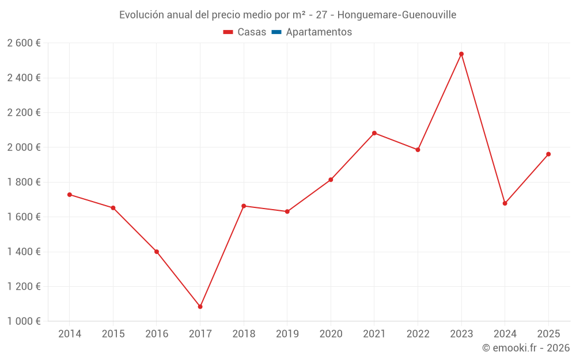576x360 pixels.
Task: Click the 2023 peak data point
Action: pos(461,54)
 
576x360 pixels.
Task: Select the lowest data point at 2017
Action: pos(200,306)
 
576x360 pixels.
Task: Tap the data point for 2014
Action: pos(70,195)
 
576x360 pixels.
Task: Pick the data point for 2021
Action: pos(374,133)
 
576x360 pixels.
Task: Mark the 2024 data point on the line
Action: pos(505,203)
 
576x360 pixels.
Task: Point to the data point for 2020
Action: pos(331,180)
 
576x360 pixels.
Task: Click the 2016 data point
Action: pos(157,252)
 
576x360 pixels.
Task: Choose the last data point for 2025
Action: pos(548,154)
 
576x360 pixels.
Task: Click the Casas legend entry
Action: pos(245,32)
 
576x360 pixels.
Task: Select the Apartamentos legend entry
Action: pos(312,32)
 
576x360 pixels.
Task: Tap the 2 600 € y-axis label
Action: pos(24,43)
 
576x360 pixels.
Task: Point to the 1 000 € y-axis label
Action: pos(24,321)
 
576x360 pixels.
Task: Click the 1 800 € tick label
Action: pos(24,182)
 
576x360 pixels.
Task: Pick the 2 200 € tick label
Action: pos(24,112)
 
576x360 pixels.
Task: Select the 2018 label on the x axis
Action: pos(244,334)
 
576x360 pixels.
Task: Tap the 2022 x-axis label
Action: pos(418,334)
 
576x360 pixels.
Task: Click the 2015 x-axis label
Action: pos(113,334)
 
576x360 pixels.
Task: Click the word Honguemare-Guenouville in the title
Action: pos(397,15)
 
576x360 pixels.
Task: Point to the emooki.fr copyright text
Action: pos(526,348)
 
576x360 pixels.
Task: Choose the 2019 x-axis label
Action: pos(287,334)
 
